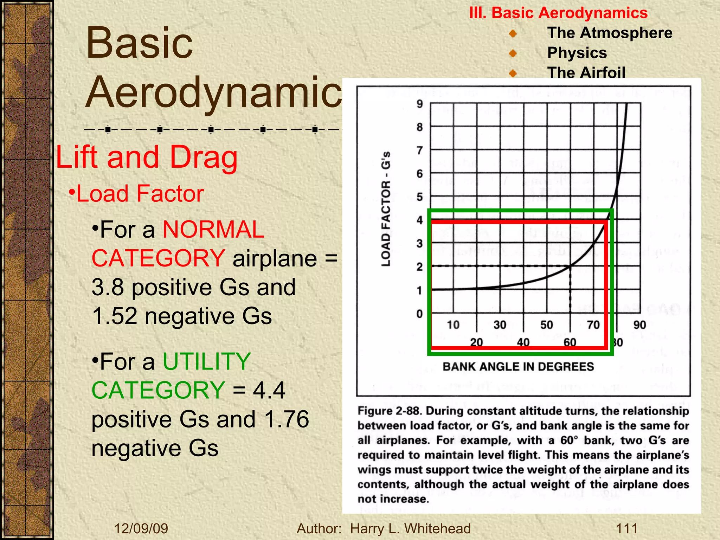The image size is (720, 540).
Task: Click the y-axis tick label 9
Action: point(419,104)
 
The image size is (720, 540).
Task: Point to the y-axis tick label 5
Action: point(419,197)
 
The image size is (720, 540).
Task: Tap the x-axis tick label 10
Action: point(453,324)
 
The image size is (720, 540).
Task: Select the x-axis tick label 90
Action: point(639,324)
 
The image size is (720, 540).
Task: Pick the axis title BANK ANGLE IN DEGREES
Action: point(518,367)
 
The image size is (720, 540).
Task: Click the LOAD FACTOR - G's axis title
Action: point(386,209)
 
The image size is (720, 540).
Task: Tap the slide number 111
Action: point(626,528)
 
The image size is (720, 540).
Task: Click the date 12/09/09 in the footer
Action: point(141,528)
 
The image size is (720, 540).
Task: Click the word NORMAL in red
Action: point(213,230)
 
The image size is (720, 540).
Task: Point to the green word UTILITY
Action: point(207,361)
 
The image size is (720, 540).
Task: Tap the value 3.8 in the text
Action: point(108,287)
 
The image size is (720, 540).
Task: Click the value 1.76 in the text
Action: point(287,419)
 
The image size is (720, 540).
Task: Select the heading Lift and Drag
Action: point(147,157)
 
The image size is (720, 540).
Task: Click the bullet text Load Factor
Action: point(140,194)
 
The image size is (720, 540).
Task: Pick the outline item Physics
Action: point(577,53)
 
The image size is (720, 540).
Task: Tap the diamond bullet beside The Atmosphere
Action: point(513,33)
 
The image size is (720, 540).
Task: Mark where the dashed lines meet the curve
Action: point(570,266)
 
